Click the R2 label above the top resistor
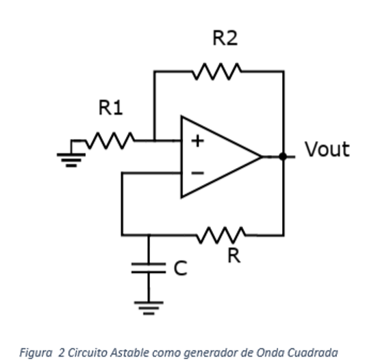pyautogui.click(x=225, y=38)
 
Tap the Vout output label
pyautogui.click(x=327, y=149)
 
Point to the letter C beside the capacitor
pyautogui.click(x=179, y=268)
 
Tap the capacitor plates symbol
pyautogui.click(x=149, y=268)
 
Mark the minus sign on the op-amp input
pyautogui.click(x=197, y=173)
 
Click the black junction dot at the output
pyautogui.click(x=282, y=156)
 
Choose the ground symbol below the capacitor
pyautogui.click(x=149, y=306)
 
